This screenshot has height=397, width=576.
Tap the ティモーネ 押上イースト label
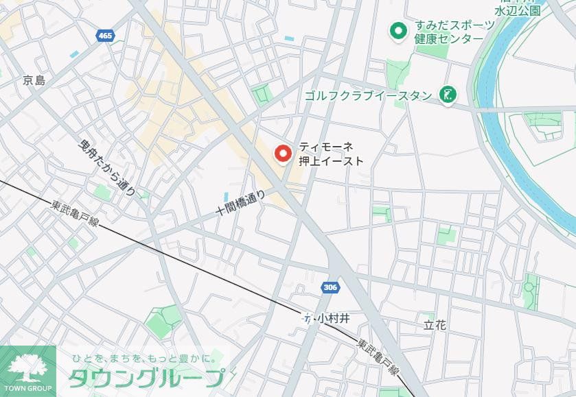[x=331, y=154]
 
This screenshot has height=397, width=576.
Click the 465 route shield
[x=105, y=36]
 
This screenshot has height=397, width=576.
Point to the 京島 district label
[x=34, y=80]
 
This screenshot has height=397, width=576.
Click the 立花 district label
[x=435, y=325]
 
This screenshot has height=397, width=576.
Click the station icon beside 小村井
[x=307, y=319]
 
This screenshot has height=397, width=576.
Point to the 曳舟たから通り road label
[x=108, y=165]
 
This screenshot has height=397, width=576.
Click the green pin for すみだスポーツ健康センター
[x=398, y=31]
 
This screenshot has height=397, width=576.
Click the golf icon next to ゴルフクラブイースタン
[x=448, y=95]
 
